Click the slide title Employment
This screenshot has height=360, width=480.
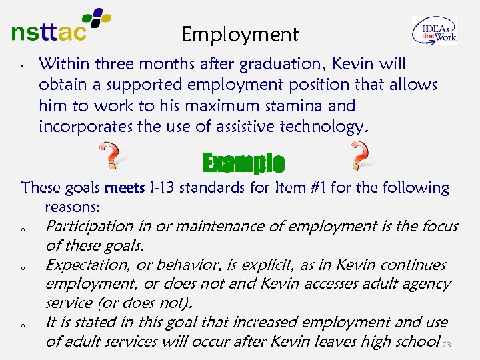[x=240, y=34]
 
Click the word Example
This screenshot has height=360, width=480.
[x=243, y=162]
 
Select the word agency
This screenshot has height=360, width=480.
[x=427, y=284]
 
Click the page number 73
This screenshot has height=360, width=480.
[x=447, y=345]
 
